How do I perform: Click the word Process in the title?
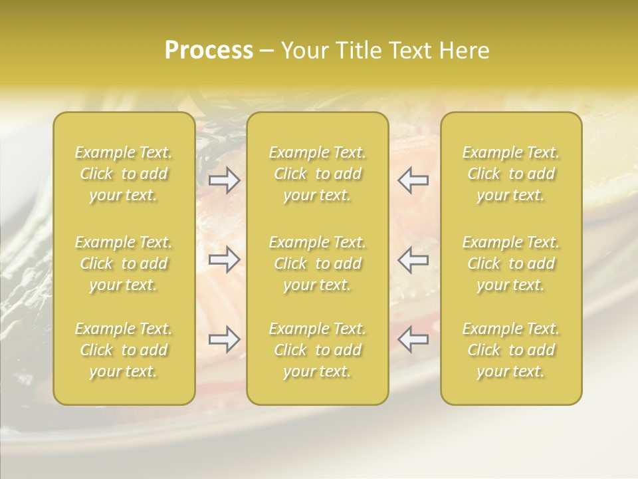209,51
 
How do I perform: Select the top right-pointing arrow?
225,180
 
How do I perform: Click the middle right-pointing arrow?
225,259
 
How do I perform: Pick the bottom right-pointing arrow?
225,339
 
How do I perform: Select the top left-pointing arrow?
413,180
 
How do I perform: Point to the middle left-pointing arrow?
413,259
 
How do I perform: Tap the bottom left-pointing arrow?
413,339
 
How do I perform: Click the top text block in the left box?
124,174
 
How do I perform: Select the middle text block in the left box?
124,263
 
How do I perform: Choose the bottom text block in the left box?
124,350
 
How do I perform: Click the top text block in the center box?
318,174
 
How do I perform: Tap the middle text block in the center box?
318,263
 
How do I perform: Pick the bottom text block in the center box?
318,350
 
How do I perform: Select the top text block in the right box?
511,174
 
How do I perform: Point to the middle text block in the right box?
511,263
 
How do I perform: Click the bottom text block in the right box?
511,350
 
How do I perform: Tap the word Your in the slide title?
302,51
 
